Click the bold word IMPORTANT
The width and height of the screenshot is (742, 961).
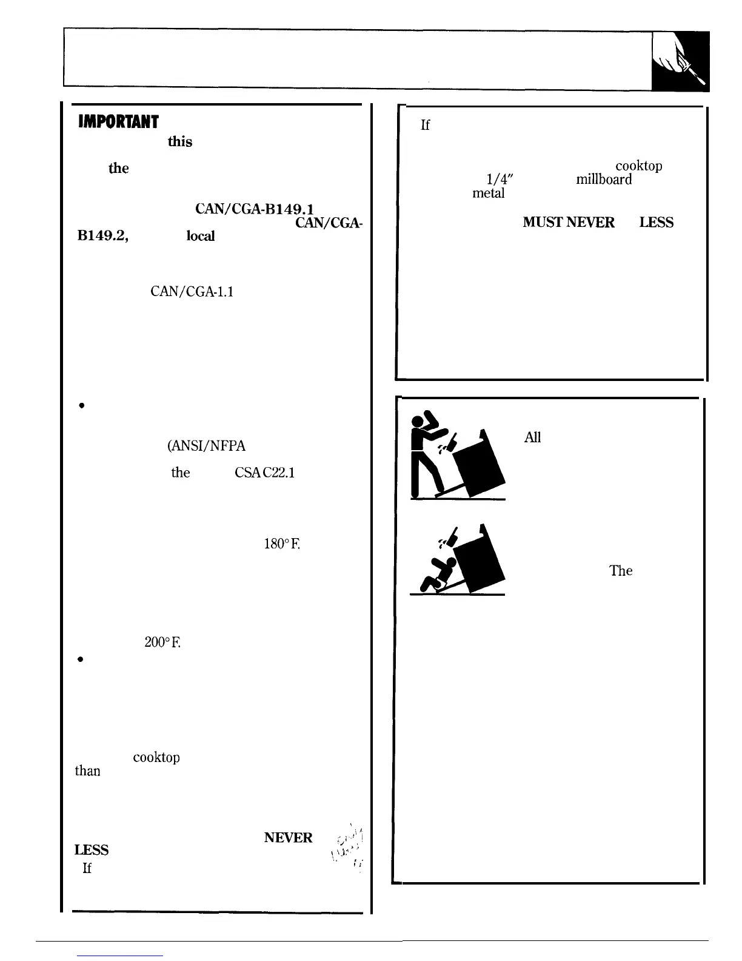pos(118,122)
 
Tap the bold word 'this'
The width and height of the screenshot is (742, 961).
pos(180,142)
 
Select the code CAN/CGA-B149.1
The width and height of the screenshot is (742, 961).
pos(241,209)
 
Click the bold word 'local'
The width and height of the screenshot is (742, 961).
pos(200,236)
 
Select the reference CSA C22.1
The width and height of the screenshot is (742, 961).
pos(264,473)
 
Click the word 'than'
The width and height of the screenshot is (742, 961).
pos(87,771)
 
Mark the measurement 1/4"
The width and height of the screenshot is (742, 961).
pos(500,180)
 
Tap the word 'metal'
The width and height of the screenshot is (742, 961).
pos(489,194)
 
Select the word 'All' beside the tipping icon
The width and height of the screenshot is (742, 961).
pos(532,437)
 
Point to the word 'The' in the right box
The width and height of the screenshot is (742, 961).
pos(621,571)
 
